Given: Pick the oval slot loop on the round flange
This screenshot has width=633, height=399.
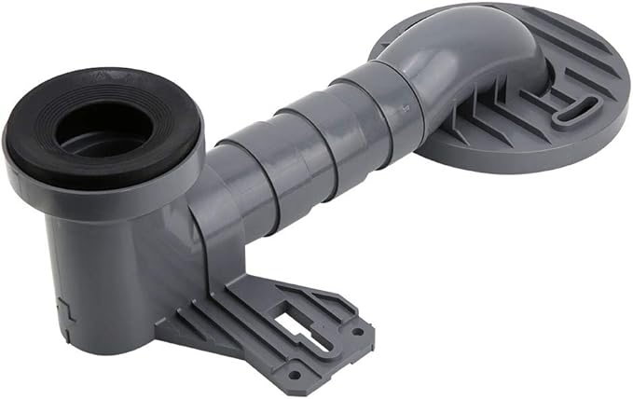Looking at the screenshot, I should click(571, 110).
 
